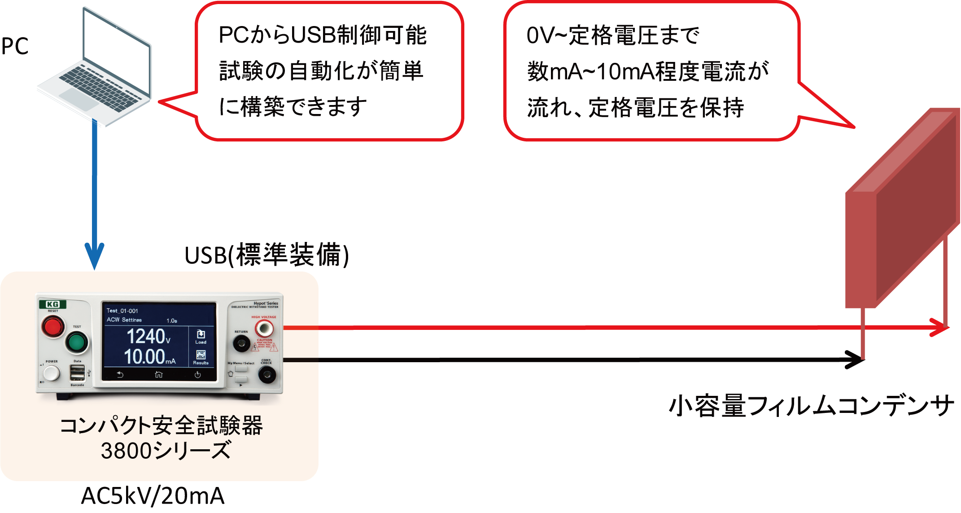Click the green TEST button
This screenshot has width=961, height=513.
click(x=77, y=342)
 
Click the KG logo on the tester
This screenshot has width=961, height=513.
click(x=53, y=304)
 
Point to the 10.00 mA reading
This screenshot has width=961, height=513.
click(x=149, y=357)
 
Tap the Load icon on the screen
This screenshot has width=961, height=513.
click(x=201, y=336)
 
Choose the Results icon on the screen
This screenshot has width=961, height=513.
click(x=201, y=357)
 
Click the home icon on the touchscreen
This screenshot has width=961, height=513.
click(x=159, y=374)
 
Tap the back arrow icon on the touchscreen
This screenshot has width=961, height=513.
click(x=120, y=374)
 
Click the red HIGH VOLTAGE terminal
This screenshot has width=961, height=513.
click(x=264, y=329)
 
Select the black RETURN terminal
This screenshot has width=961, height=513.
click(x=241, y=344)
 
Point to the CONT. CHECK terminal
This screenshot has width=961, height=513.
click(x=267, y=374)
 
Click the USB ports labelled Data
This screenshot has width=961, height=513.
click(x=77, y=373)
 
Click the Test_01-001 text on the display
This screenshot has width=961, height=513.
click(x=122, y=311)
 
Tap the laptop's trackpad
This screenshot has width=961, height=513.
click(x=79, y=98)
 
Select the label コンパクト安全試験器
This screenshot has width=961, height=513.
click(x=162, y=426)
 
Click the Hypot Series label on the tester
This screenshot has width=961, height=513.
click(x=266, y=303)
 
